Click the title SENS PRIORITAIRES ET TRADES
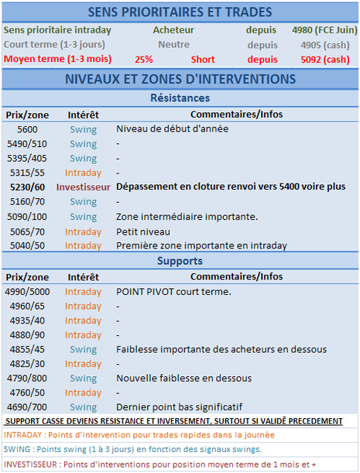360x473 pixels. (180, 12)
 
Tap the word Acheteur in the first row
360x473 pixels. (173, 30)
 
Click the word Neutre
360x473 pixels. (173, 44)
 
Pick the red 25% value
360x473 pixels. (143, 59)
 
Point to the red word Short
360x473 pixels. (203, 59)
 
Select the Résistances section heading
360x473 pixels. (179, 99)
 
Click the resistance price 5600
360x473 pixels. (27, 129)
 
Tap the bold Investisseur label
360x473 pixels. (83, 187)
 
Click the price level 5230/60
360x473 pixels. (27, 187)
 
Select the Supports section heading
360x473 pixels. (179, 262)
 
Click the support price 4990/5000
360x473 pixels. (26, 292)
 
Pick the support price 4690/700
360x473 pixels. (27, 406)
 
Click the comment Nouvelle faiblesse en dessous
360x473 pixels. (183, 378)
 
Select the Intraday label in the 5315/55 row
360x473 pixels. (83, 173)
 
